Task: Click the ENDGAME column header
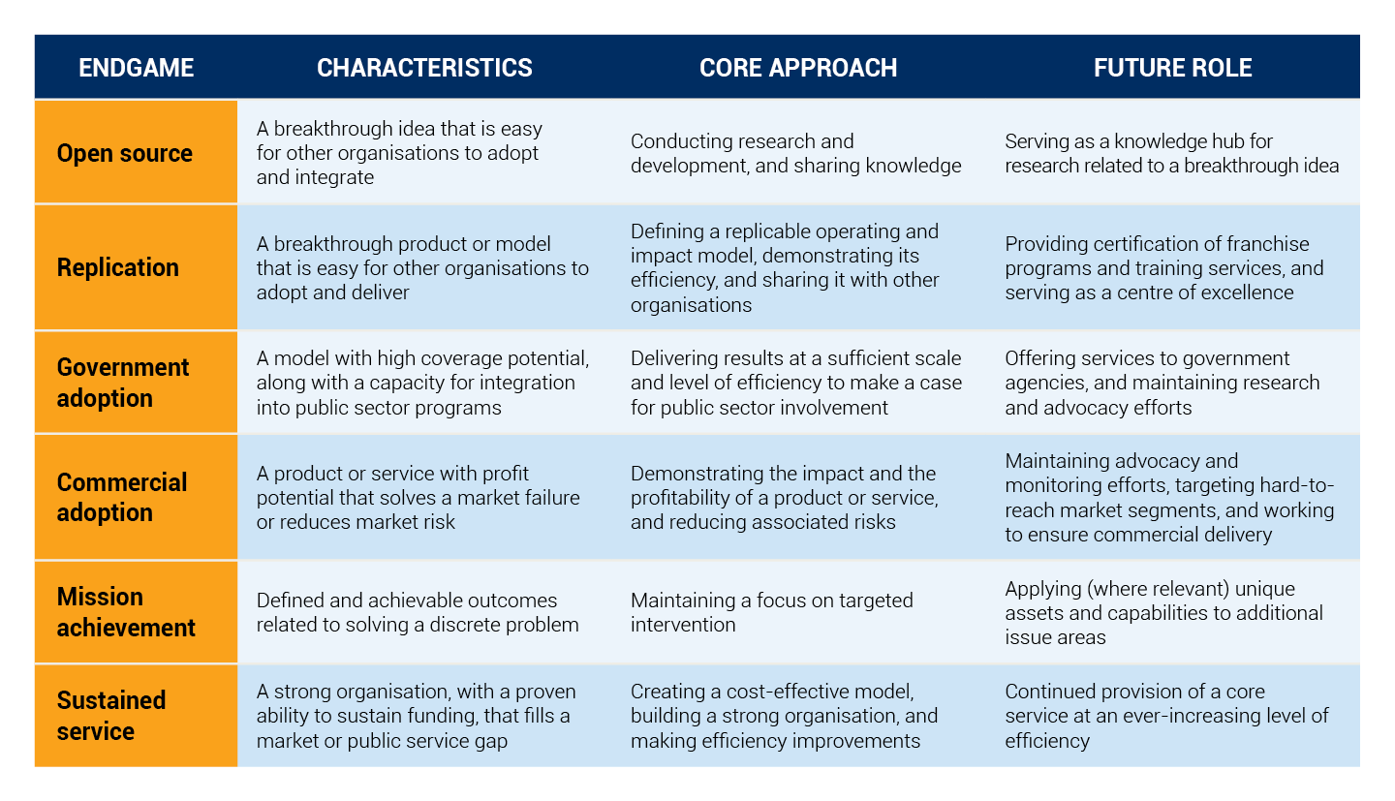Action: tap(136, 67)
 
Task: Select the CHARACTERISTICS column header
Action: tap(424, 67)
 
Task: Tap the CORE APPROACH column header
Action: tap(798, 67)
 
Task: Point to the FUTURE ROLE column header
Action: tap(1172, 67)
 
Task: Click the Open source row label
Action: tap(125, 153)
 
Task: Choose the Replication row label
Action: tap(118, 267)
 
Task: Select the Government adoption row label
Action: tap(123, 383)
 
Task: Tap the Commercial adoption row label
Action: tap(121, 497)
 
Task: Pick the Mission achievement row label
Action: tap(126, 612)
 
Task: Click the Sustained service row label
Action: tap(110, 716)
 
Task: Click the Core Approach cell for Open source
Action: tap(796, 153)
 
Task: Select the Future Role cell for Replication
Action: tap(1164, 268)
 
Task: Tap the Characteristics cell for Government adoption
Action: tap(422, 383)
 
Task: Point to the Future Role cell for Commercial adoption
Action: tap(1169, 497)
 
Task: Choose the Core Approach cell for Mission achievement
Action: tap(771, 612)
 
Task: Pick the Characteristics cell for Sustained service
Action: tap(416, 716)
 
